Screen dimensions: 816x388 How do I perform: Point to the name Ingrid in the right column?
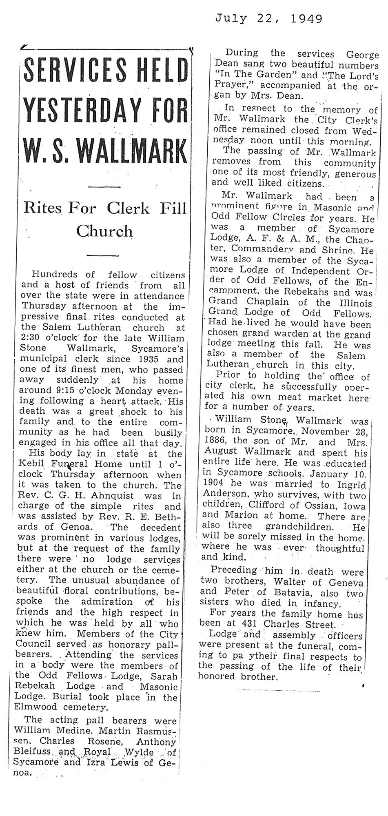click(351, 484)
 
